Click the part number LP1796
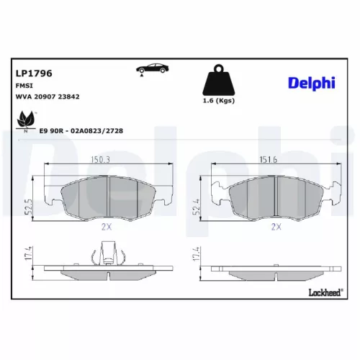pyautogui.click(x=33, y=73)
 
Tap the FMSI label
pyautogui.click(x=24, y=85)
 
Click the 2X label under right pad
pyautogui.click(x=274, y=225)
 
